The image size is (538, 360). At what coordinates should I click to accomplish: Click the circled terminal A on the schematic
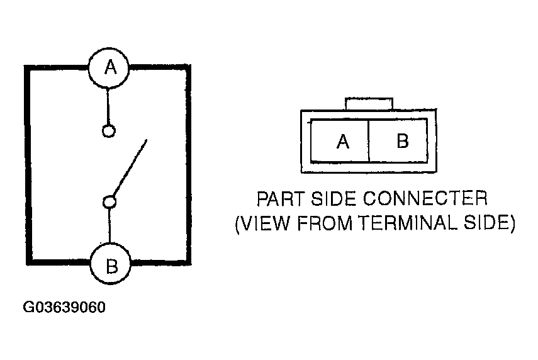click(110, 67)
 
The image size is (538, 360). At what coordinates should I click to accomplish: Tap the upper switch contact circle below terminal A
click(108, 131)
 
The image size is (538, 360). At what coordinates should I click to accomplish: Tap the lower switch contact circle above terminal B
click(109, 201)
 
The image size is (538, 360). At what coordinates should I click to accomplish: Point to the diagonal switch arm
click(130, 167)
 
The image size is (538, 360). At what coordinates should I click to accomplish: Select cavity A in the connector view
click(342, 142)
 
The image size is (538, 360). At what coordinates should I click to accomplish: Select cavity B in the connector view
click(402, 141)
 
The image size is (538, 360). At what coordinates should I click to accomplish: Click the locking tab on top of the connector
click(369, 104)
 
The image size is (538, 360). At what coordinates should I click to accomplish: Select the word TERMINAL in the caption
click(405, 224)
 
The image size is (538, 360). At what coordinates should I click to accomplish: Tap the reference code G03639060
click(64, 308)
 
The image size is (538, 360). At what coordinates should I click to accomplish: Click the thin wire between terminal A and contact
click(108, 107)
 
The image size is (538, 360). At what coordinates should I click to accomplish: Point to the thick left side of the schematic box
click(27, 164)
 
